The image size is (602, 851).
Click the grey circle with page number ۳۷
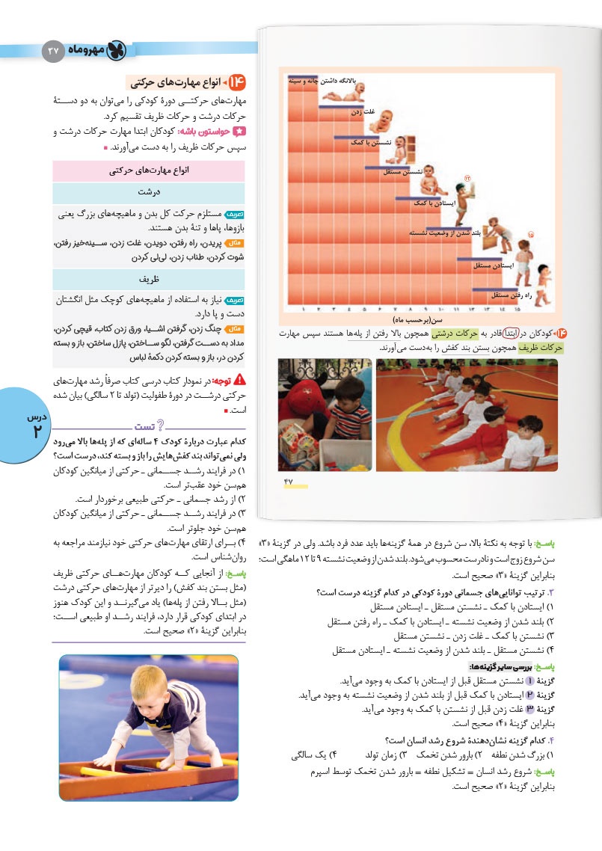coord(53,50)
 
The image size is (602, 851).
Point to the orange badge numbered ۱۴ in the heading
coord(237,81)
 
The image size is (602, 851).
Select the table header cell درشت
coord(150,191)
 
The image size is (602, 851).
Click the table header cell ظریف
coord(150,279)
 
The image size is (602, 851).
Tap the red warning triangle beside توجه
coord(239,378)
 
